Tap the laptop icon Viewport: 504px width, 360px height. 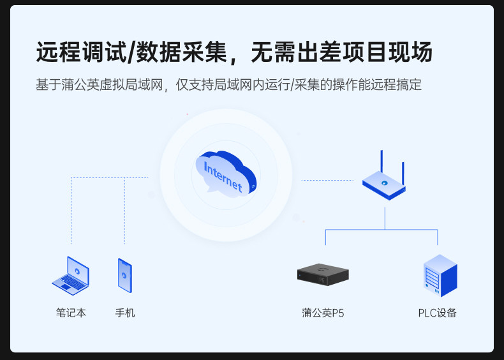70,276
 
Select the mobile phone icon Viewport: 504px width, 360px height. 124,275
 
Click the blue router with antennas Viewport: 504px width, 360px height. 385,184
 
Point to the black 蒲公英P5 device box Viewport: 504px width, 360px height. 323,275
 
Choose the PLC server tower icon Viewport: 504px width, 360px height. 440,276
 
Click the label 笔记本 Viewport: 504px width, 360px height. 70,313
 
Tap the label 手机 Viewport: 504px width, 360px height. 125,313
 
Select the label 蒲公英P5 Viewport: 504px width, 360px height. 323,313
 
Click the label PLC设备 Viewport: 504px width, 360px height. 437,313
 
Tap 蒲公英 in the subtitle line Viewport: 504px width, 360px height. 80,85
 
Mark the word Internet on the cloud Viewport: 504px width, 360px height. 223,176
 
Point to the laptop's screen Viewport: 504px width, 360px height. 77,269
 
